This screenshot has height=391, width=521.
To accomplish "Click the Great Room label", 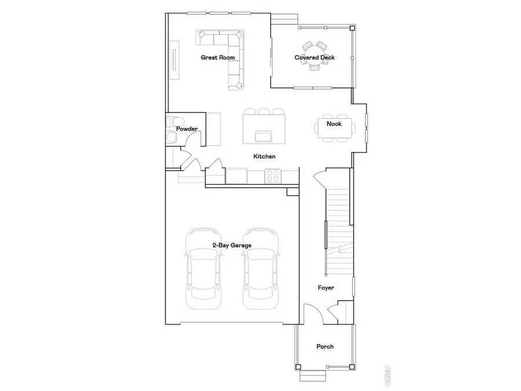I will pyautogui.click(x=217, y=57).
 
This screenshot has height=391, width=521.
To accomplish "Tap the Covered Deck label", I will pyautogui.click(x=314, y=57).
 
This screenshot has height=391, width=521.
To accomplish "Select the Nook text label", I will pyautogui.click(x=333, y=124).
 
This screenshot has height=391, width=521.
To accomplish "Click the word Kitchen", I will pyautogui.click(x=264, y=156).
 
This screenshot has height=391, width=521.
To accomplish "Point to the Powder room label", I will pyautogui.click(x=188, y=129).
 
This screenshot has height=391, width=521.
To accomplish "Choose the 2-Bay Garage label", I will pyautogui.click(x=232, y=246).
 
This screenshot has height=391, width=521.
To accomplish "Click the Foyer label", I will pyautogui.click(x=326, y=288).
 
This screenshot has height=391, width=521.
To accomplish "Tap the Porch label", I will pyautogui.click(x=325, y=346).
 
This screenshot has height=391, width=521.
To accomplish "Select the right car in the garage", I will pyautogui.click(x=260, y=269).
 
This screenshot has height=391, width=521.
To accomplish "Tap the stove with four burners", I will pyautogui.click(x=273, y=175).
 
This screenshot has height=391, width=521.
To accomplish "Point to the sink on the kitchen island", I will pyautogui.click(x=264, y=136).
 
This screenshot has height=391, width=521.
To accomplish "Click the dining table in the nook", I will pyautogui.click(x=334, y=129).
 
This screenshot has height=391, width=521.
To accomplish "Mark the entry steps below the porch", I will pyautogui.click(x=313, y=377).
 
